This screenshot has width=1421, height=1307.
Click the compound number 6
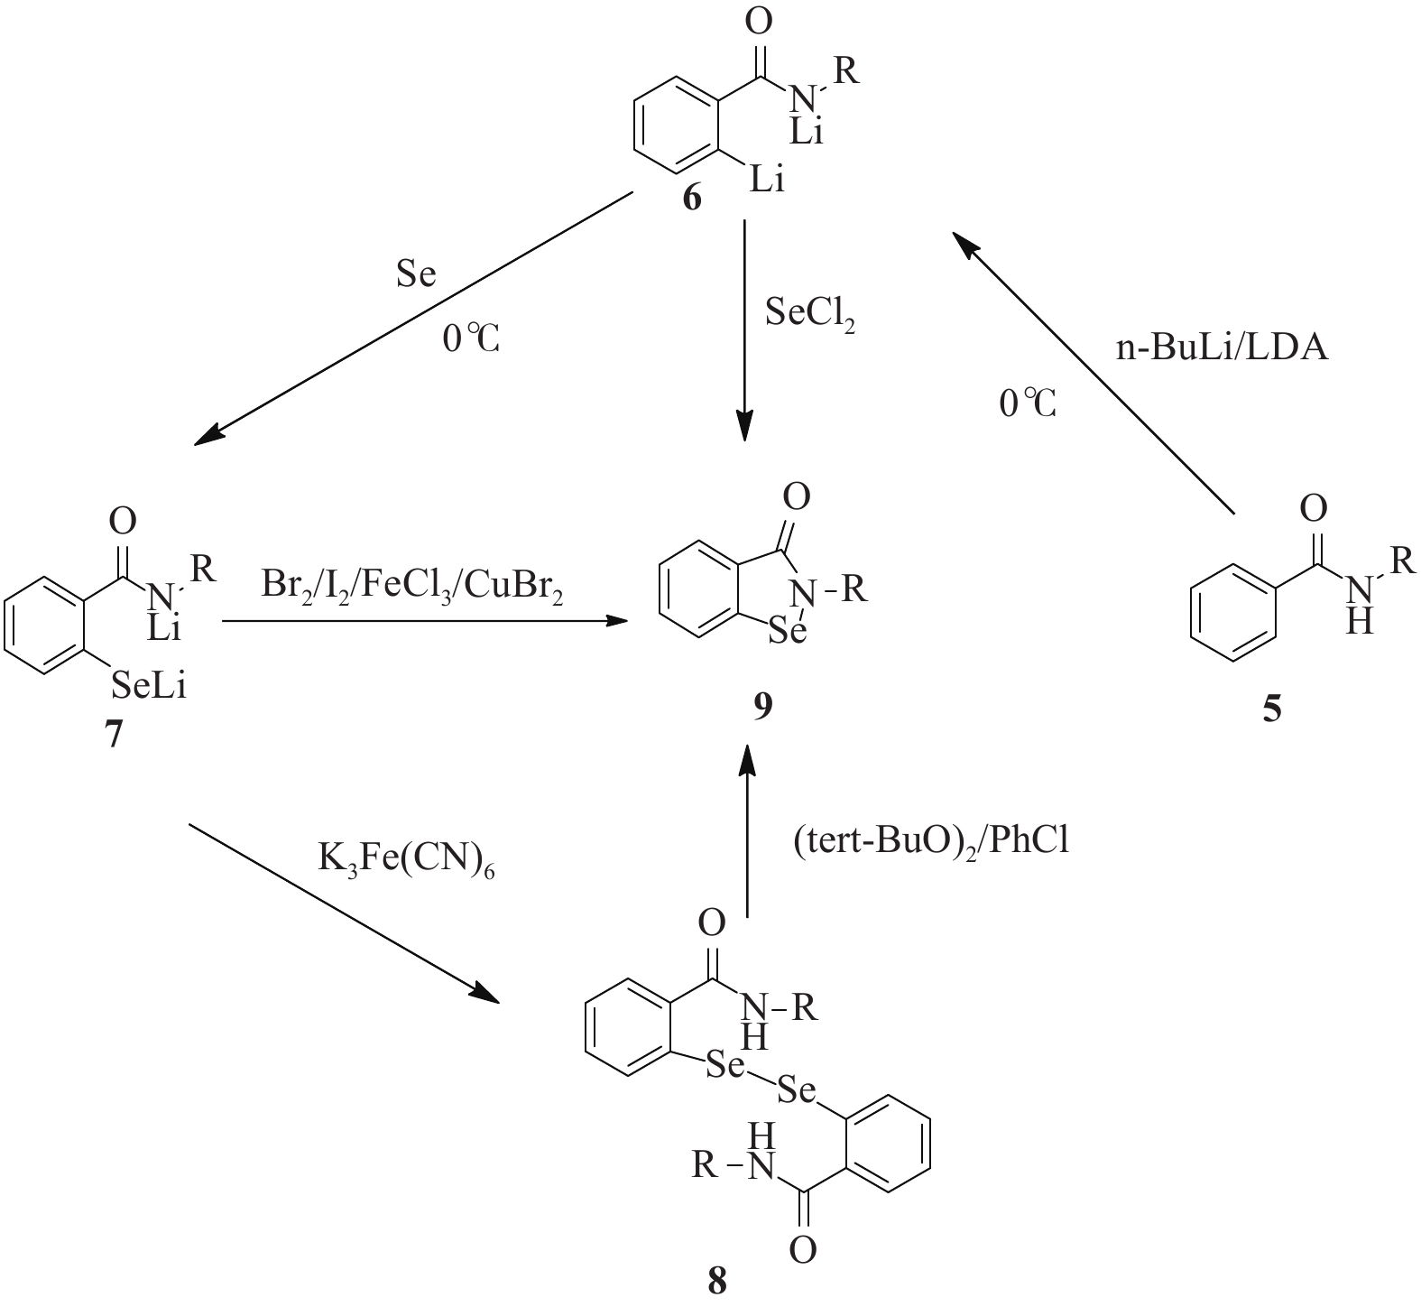click(x=691, y=198)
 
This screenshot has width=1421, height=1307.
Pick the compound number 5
click(x=1271, y=709)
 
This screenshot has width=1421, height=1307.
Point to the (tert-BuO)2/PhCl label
click(x=929, y=841)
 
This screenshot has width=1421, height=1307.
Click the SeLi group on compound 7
click(x=149, y=689)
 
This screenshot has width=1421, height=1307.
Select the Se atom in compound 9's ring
click(x=786, y=631)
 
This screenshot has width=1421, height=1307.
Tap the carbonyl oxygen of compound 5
click(x=1314, y=509)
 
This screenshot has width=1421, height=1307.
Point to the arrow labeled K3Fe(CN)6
click(x=343, y=913)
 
